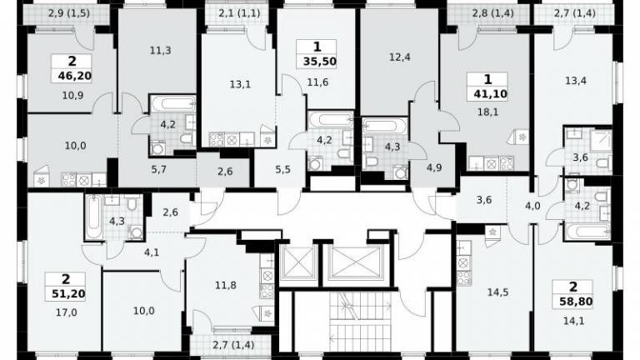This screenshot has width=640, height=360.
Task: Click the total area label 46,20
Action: [72, 76]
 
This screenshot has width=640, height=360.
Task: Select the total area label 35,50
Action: [320, 62]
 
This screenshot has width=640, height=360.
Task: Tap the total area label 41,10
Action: [491, 94]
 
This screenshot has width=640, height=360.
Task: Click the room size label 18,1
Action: [487, 112]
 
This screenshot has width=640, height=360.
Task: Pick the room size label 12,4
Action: [400, 57]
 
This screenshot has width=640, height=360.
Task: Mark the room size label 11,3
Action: [160, 51]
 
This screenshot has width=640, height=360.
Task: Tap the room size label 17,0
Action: [67, 312]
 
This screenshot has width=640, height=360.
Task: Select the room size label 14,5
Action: [498, 292]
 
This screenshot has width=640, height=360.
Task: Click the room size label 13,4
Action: [576, 81]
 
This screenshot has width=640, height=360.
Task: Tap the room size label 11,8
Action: [226, 285]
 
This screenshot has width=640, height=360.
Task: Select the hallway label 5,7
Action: [159, 169]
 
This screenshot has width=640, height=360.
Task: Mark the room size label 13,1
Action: [240, 84]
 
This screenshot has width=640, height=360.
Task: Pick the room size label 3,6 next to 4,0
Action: [483, 200]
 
